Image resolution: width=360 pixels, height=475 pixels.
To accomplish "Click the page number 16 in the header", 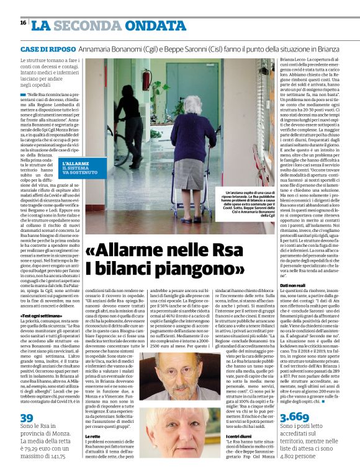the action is pyautogui.click(x=23, y=22).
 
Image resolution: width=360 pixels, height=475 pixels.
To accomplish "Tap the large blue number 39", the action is pyautogui.click(x=27, y=419).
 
